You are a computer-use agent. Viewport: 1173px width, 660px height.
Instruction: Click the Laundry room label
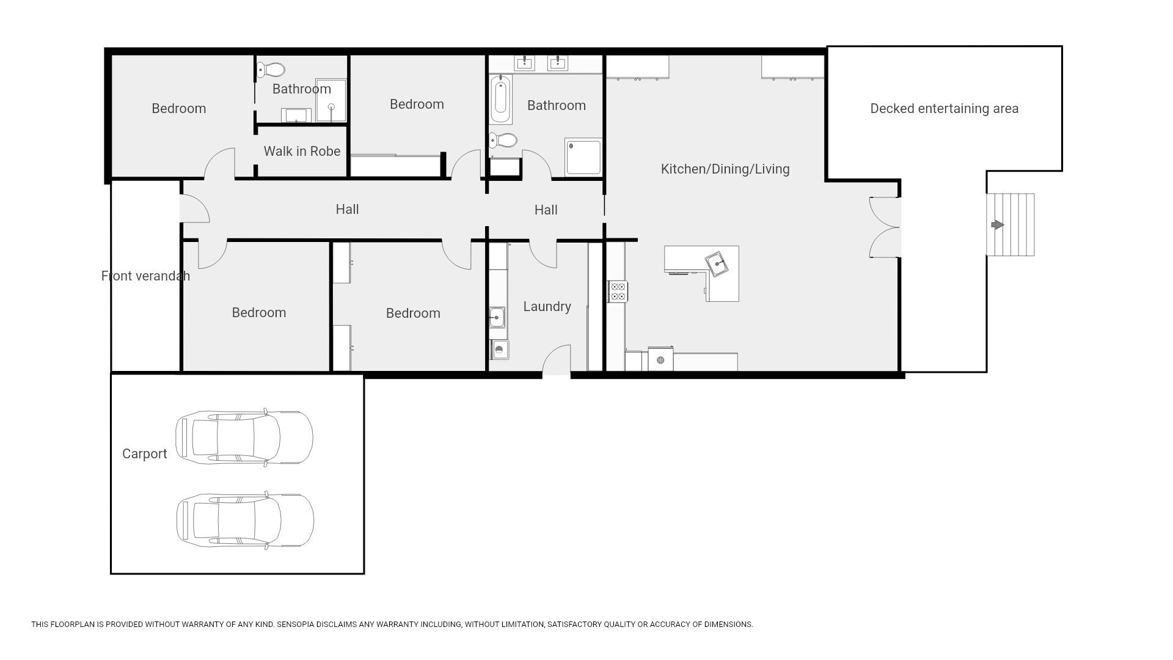click(547, 307)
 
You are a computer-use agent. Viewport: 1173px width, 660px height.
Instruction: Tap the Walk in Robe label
click(302, 151)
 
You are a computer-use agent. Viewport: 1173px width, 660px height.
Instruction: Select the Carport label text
click(144, 453)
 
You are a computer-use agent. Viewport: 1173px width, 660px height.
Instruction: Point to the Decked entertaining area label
click(944, 109)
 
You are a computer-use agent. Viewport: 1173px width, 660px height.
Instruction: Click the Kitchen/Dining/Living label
click(725, 169)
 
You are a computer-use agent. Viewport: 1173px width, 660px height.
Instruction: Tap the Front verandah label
click(145, 276)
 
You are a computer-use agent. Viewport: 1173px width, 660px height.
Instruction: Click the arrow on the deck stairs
click(997, 225)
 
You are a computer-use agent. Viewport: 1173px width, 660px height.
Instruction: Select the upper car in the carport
click(244, 437)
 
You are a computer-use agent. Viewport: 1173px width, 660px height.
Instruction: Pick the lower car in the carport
click(245, 521)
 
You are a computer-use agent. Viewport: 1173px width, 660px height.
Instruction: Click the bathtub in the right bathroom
click(500, 99)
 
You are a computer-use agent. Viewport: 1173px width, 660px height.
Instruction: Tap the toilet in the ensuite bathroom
click(271, 69)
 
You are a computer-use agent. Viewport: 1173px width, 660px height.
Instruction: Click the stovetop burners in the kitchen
click(618, 291)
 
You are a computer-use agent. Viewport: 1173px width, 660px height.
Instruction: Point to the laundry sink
click(497, 318)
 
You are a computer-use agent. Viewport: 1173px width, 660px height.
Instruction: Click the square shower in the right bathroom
click(583, 156)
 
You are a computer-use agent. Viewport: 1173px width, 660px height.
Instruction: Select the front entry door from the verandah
click(195, 208)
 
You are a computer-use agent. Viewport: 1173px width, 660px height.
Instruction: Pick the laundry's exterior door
click(557, 360)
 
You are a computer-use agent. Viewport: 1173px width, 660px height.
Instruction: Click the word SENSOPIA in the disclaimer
click(297, 625)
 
